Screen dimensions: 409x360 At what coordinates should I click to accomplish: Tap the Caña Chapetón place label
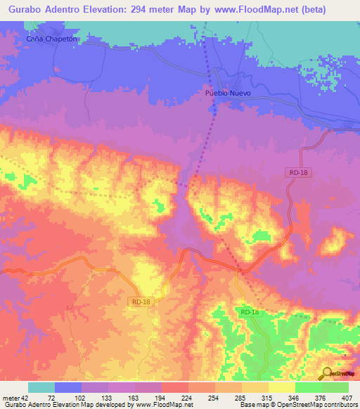pos(50,39)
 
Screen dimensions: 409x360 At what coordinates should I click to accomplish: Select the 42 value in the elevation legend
pos(21,397)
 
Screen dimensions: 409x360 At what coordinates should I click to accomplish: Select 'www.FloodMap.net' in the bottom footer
pos(167,405)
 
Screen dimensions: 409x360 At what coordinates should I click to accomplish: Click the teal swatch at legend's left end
pos(41,387)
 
